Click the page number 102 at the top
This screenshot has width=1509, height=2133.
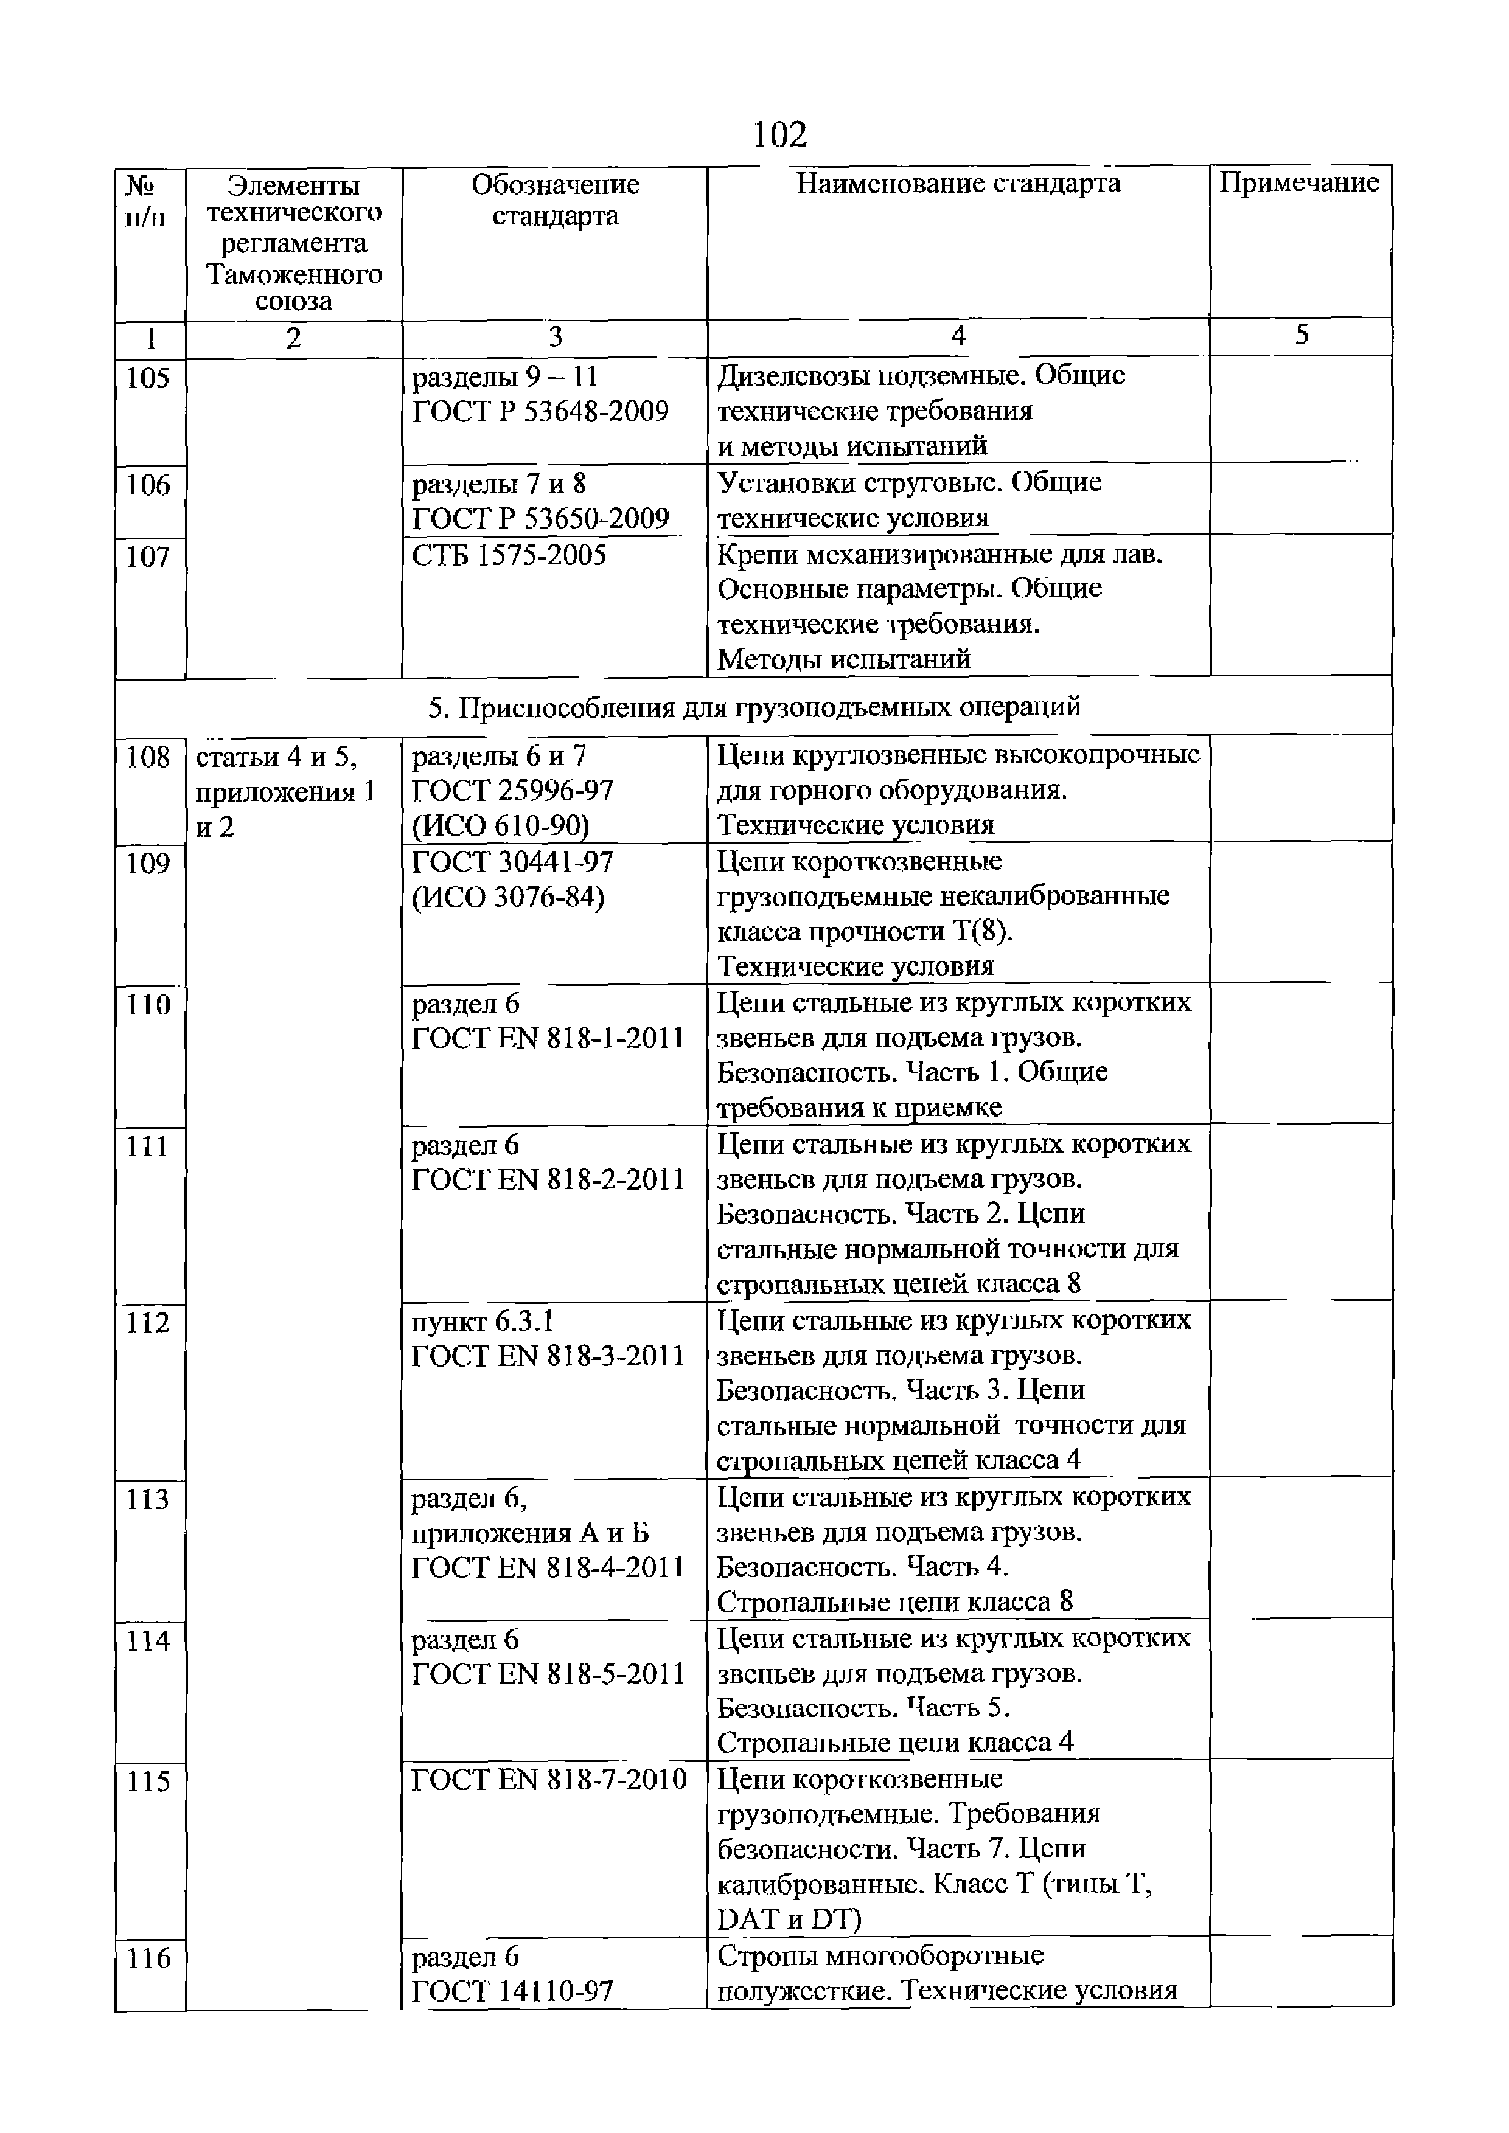[779, 136]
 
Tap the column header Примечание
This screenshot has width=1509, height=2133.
[1299, 183]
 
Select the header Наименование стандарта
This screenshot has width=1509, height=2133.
[958, 184]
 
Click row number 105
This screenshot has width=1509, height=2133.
[148, 378]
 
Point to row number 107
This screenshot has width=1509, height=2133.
[148, 557]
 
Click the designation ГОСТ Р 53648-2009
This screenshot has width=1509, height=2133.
[540, 412]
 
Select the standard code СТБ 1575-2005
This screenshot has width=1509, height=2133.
[509, 555]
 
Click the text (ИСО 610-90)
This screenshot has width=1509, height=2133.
[501, 825]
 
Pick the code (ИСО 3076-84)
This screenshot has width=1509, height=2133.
[508, 898]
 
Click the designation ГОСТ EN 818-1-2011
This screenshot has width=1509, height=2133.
[548, 1038]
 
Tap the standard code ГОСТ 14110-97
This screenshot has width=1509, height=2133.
[513, 1992]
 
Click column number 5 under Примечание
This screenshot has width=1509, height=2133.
[1301, 335]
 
